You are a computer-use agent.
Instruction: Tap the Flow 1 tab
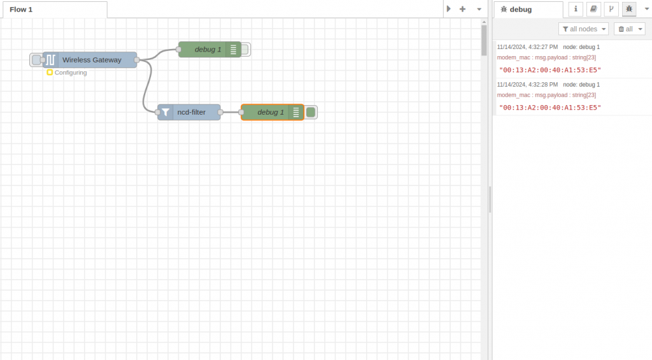tap(22, 10)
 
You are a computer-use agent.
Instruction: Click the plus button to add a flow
tap(463, 9)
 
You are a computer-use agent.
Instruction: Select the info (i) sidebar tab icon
tap(576, 9)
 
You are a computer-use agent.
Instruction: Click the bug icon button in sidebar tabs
tap(629, 9)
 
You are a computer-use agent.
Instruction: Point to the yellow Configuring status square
tap(50, 73)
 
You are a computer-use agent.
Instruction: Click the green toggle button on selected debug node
tap(311, 112)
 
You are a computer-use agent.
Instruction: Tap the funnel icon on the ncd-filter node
tap(166, 112)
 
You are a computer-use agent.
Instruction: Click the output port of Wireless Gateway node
tap(137, 60)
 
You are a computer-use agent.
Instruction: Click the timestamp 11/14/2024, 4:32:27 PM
tap(527, 47)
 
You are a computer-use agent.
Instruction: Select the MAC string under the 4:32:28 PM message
tap(550, 108)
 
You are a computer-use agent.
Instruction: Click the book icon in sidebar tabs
tap(593, 9)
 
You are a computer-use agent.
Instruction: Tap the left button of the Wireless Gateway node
tap(36, 60)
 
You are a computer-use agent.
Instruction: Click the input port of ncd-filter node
tap(158, 112)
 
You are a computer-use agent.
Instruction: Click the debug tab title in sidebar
tap(520, 10)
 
